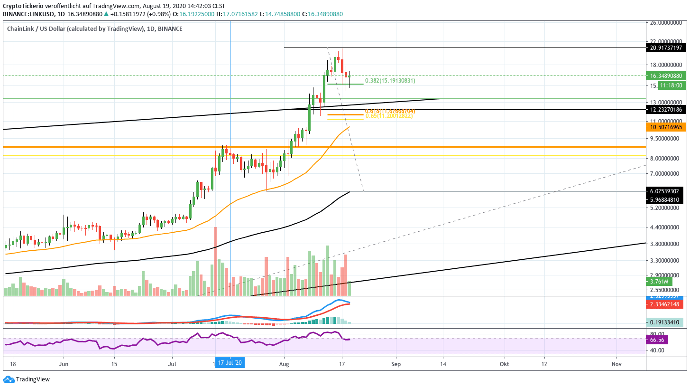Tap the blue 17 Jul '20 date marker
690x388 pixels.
[x=230, y=363]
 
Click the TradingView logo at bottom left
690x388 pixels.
[x=27, y=379]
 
